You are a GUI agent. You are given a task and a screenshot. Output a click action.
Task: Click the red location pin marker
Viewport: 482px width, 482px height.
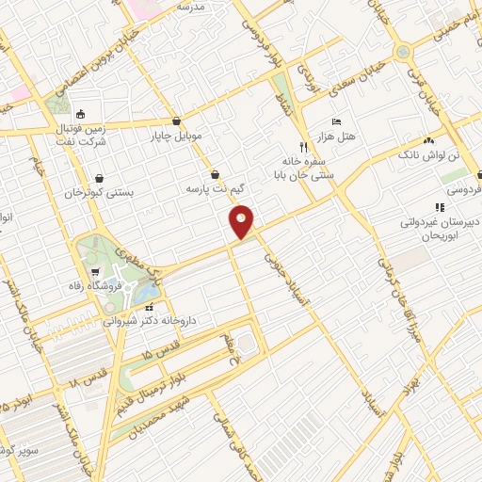tap(242, 221)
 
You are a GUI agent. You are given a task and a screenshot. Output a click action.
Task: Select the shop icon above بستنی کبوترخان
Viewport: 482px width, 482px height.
tap(100, 177)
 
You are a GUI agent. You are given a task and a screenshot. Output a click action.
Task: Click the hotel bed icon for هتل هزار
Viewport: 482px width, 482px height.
tap(337, 123)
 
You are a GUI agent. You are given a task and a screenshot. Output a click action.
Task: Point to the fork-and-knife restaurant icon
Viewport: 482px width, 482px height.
tap(302, 147)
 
